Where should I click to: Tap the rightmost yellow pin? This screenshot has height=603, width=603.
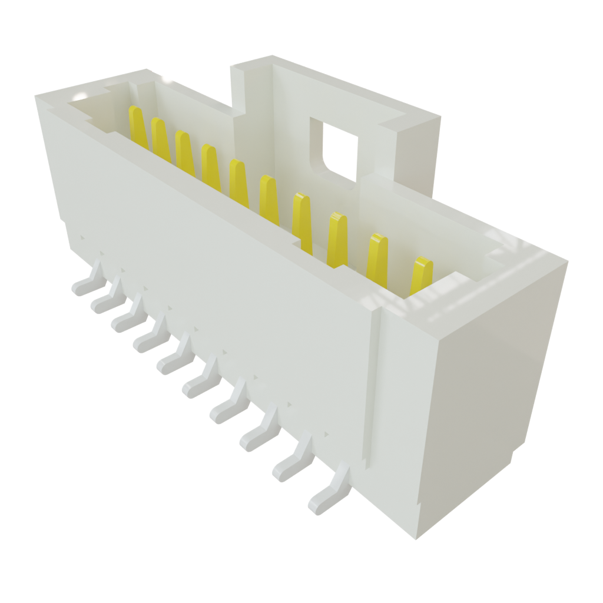(421, 276)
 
